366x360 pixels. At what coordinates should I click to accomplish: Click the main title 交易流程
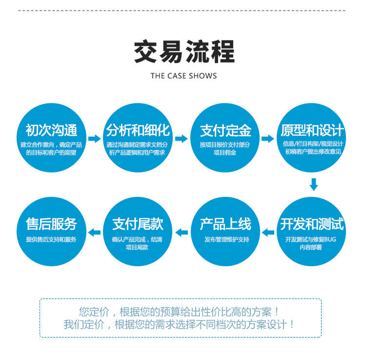click(184, 51)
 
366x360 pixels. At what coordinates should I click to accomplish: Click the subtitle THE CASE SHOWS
click(183, 76)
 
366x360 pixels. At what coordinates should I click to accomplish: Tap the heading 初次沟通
click(51, 130)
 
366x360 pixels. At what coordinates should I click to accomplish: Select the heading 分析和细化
click(138, 130)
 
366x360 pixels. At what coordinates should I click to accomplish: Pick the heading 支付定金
click(225, 130)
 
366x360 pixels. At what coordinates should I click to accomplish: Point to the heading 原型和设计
click(312, 130)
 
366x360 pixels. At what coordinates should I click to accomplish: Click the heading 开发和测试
click(312, 224)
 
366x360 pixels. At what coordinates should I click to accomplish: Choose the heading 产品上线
click(225, 224)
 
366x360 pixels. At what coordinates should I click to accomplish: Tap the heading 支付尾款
click(138, 224)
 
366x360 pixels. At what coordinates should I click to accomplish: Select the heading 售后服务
click(51, 224)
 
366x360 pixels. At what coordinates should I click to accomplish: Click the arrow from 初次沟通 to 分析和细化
click(94, 139)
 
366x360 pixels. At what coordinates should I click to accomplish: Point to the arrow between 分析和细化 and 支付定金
click(182, 139)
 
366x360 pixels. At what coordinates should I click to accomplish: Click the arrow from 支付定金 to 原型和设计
click(268, 139)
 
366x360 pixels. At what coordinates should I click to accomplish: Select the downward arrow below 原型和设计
click(314, 185)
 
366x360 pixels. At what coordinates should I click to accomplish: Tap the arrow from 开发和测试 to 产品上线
click(268, 233)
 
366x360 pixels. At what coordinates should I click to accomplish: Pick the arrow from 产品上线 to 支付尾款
click(182, 233)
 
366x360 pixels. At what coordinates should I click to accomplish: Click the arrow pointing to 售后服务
click(95, 233)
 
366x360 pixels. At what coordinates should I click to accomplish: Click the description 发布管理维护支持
click(226, 239)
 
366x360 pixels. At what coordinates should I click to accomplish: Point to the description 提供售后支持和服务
click(51, 239)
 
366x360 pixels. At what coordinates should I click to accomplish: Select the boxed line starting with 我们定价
click(179, 324)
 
